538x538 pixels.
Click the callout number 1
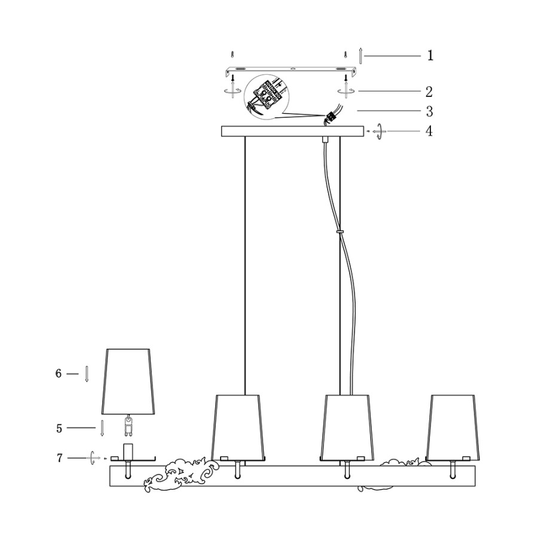(430, 55)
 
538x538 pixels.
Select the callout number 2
(429, 91)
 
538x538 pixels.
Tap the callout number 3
(430, 111)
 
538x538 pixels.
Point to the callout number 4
(429, 131)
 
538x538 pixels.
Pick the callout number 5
(59, 428)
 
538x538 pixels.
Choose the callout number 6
(59, 373)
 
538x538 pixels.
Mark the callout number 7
(59, 458)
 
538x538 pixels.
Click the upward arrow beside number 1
(360, 56)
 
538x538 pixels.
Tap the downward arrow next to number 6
(87, 374)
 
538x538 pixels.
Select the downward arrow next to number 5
(102, 428)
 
